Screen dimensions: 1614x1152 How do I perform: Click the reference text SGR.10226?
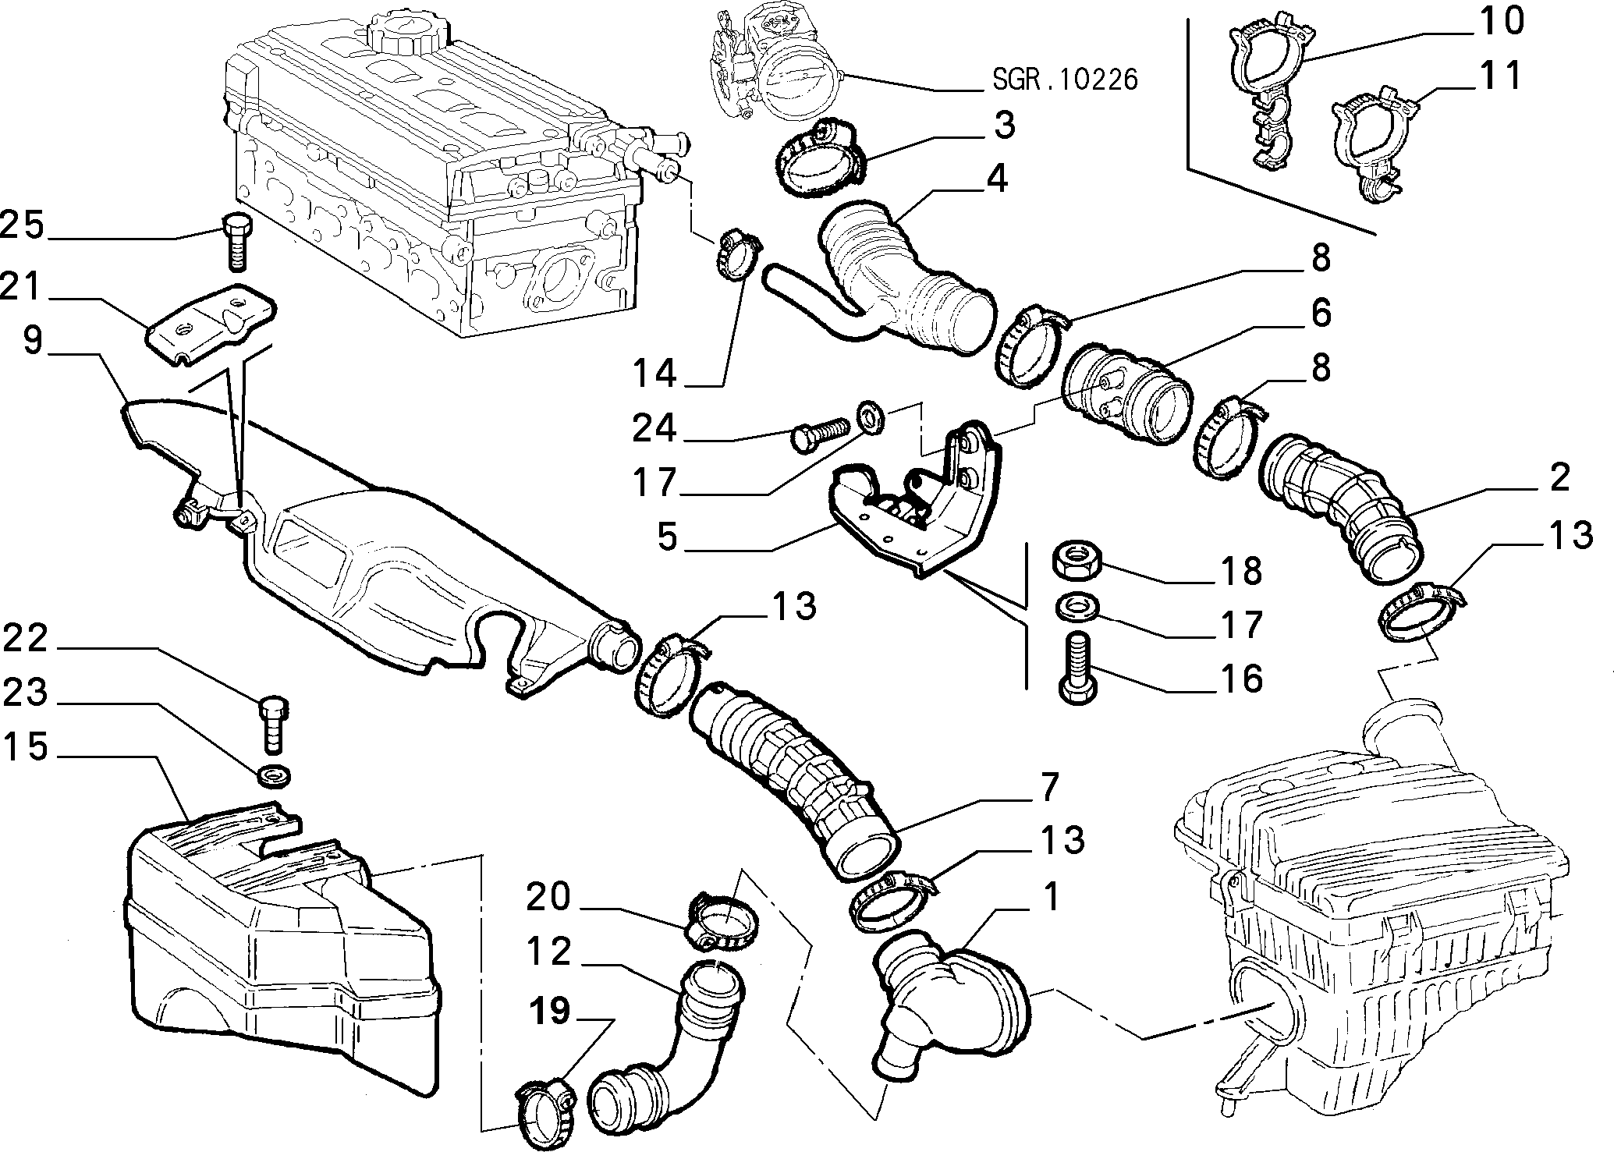pyautogui.click(x=1066, y=79)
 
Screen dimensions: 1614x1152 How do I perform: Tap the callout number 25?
pyautogui.click(x=23, y=226)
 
